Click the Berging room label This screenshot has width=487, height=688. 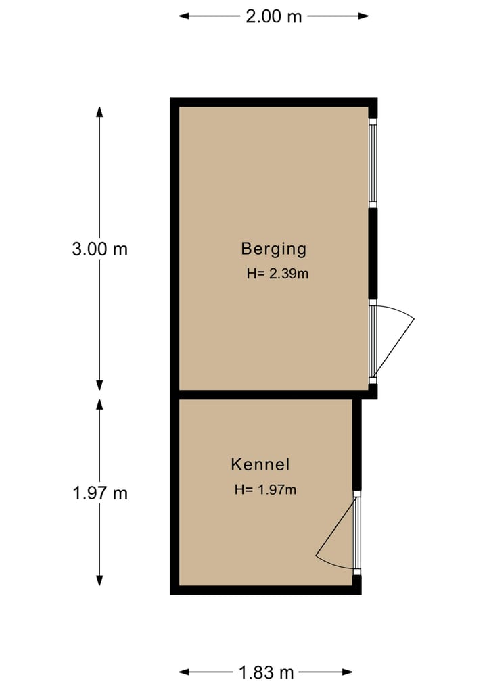(x=273, y=249)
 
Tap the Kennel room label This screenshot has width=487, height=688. (x=260, y=464)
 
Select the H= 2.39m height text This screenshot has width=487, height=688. (x=278, y=274)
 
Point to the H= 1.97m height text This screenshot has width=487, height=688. (x=265, y=490)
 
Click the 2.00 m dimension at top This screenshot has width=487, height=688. (x=273, y=17)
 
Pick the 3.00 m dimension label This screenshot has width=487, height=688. (x=99, y=249)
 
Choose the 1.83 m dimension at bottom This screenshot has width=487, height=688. (x=266, y=672)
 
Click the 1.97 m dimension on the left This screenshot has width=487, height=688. (x=99, y=493)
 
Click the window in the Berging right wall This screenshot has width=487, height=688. (x=372, y=162)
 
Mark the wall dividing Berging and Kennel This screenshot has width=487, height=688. (x=271, y=395)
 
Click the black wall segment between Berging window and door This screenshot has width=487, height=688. (x=372, y=253)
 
